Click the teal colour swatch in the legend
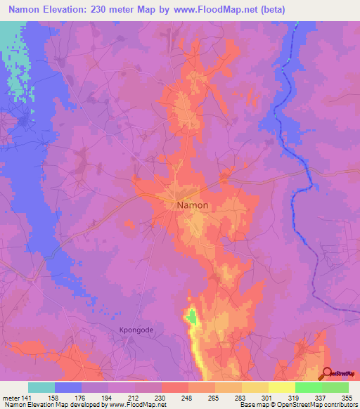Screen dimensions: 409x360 point(41,387)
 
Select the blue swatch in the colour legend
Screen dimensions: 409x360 point(68,387)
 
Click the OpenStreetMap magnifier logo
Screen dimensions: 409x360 point(328,374)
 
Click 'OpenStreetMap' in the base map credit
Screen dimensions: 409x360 point(310,405)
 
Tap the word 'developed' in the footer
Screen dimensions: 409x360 point(82,405)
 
